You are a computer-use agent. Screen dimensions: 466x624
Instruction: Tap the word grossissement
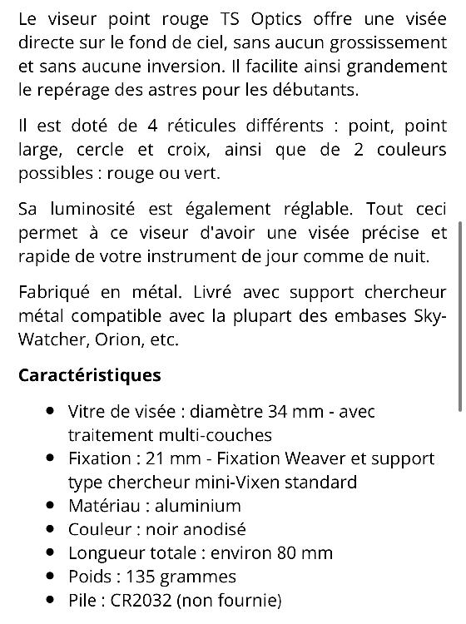click(388, 42)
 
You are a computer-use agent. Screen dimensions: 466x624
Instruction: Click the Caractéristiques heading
click(90, 375)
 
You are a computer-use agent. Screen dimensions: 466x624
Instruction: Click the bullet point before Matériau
click(52, 505)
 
